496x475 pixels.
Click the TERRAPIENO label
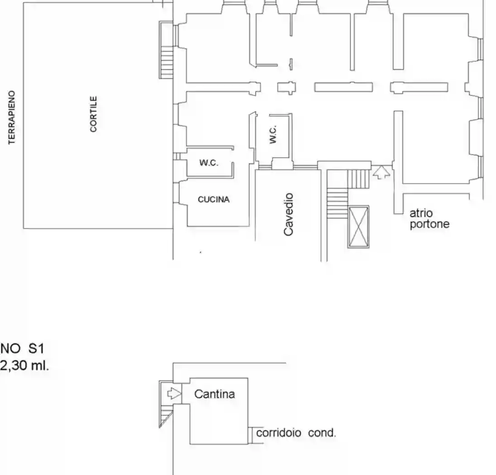(12, 117)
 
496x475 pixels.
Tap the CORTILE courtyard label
(93, 114)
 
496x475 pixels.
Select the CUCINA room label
(214, 199)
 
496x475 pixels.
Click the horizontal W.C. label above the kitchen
(209, 163)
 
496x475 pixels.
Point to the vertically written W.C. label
(273, 134)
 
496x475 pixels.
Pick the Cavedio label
(288, 214)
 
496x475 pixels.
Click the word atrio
(421, 213)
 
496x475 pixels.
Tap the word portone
(429, 224)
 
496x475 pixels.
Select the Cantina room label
(215, 394)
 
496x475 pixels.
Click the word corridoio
(278, 432)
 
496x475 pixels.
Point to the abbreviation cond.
(322, 432)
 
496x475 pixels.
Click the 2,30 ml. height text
(25, 366)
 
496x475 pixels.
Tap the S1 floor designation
(36, 348)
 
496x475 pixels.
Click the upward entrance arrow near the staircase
(382, 172)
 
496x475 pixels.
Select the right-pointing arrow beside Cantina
(174, 394)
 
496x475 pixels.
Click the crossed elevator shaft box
(358, 227)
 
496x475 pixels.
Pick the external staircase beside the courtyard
(167, 50)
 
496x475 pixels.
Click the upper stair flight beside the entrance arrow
(359, 179)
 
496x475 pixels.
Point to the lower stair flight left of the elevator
(337, 204)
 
